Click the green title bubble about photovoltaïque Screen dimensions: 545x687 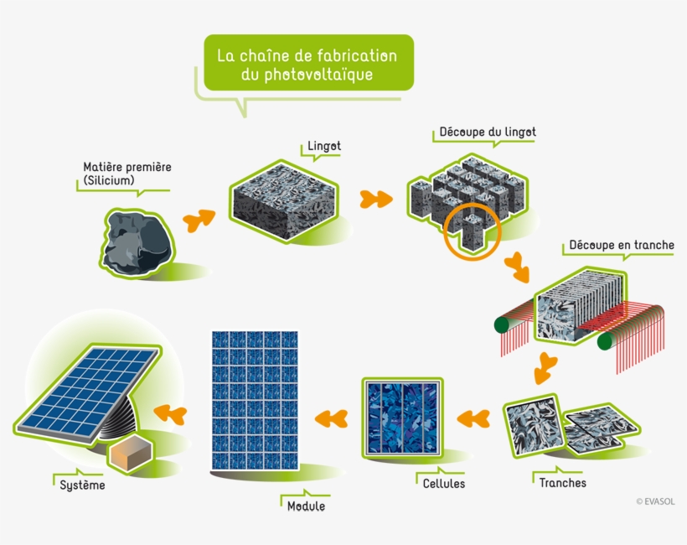click(307, 64)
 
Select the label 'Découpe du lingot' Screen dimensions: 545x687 click(488, 132)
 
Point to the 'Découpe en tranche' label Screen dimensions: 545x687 click(621, 245)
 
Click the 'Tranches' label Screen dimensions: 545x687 click(563, 483)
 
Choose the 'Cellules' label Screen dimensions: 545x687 click(443, 484)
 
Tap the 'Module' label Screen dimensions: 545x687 click(306, 506)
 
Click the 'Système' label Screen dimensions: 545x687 click(83, 484)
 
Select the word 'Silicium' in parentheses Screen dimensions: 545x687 click(109, 180)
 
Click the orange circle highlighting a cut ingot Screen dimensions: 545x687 click(472, 231)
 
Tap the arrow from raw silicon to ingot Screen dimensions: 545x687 click(199, 220)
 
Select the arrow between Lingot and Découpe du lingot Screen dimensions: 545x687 click(376, 200)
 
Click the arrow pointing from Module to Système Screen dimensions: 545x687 click(171, 412)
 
